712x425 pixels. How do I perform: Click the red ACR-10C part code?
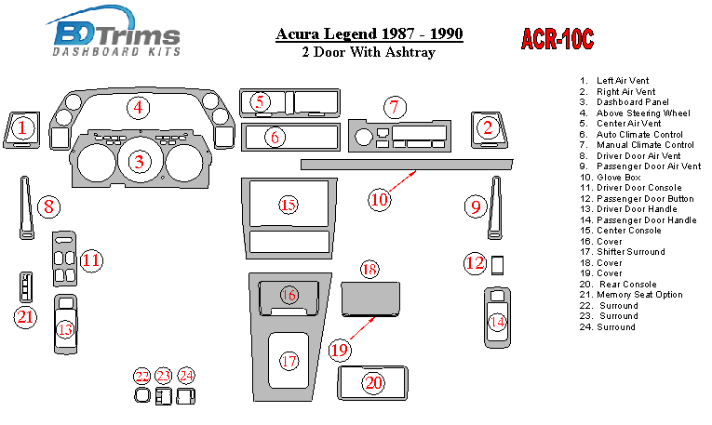[x=558, y=39]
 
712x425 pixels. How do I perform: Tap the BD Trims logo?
[x=114, y=33]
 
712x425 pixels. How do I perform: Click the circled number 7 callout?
[x=394, y=108]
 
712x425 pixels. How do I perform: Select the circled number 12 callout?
[x=476, y=262]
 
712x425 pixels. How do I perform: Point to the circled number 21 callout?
[x=25, y=316]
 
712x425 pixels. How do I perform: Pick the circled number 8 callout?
[x=48, y=206]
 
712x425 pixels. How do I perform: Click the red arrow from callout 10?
[x=402, y=181]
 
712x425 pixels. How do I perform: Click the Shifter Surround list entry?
[x=622, y=252]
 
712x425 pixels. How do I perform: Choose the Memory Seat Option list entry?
[x=631, y=295]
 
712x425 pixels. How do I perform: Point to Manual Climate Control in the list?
[x=637, y=145]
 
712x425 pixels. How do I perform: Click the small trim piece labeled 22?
[x=142, y=395]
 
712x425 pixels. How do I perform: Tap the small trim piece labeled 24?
[x=186, y=396]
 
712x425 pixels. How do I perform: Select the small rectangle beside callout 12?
[x=497, y=265]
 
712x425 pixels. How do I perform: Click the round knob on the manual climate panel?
[x=363, y=138]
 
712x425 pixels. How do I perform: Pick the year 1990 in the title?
[x=447, y=33]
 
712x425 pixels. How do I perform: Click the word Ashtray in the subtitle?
[x=410, y=53]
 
